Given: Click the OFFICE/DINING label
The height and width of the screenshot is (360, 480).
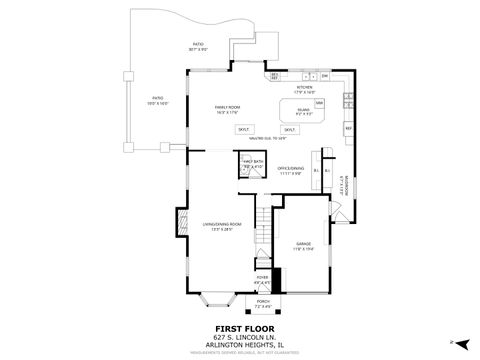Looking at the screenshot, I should click(290, 170).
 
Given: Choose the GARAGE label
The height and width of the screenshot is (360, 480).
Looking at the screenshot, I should click(303, 246).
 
